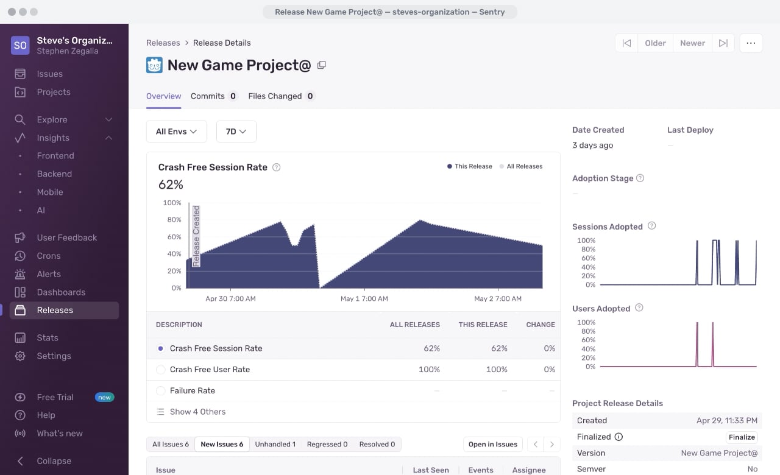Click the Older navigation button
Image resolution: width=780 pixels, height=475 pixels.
pyautogui.click(x=655, y=43)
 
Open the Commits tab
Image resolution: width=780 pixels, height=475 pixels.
pyautogui.click(x=214, y=96)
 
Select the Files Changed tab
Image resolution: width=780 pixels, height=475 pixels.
pyautogui.click(x=281, y=96)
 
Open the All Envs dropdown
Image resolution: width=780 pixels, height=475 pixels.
pyautogui.click(x=177, y=132)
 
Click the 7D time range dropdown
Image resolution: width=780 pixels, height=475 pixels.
pyautogui.click(x=236, y=132)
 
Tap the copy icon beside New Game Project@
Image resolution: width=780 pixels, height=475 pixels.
pyautogui.click(x=321, y=65)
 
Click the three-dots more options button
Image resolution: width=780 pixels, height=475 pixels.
pyautogui.click(x=751, y=43)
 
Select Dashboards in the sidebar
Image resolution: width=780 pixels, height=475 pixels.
pyautogui.click(x=62, y=292)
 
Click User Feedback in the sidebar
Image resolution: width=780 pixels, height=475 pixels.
pyautogui.click(x=67, y=237)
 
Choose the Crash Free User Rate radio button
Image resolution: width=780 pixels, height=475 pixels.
pyautogui.click(x=160, y=370)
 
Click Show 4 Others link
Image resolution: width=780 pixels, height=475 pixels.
pyautogui.click(x=197, y=412)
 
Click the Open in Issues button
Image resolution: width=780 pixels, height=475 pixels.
pyautogui.click(x=493, y=445)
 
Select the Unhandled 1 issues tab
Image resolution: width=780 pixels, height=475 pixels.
pyautogui.click(x=275, y=445)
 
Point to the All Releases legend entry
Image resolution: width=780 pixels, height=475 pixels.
pyautogui.click(x=521, y=166)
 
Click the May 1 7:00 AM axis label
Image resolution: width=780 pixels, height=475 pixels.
pyautogui.click(x=364, y=298)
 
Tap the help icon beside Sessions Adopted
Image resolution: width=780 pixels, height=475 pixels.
pyautogui.click(x=651, y=226)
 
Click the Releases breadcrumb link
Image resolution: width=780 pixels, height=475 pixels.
pyautogui.click(x=163, y=43)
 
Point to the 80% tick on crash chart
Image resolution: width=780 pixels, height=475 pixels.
pyautogui.click(x=174, y=220)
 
